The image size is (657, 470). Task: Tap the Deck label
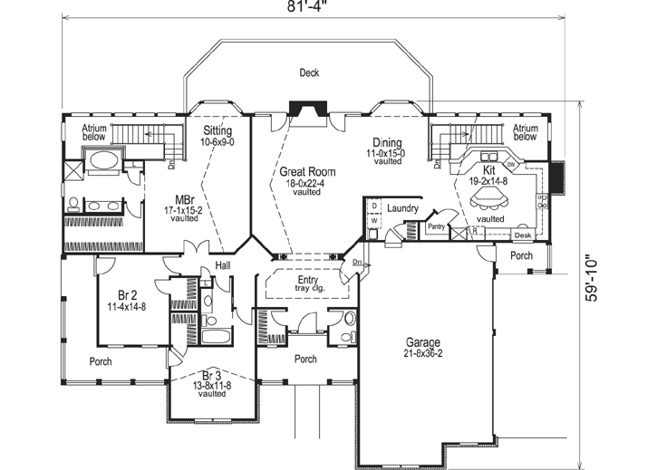(x=310, y=73)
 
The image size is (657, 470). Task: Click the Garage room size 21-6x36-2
(x=423, y=354)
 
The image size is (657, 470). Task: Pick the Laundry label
(x=401, y=208)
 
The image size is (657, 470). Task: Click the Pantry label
(x=411, y=228)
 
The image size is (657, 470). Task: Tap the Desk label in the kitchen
(x=522, y=235)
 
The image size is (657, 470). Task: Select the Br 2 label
(x=127, y=295)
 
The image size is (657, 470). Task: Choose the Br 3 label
(x=212, y=375)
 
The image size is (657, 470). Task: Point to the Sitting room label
(x=217, y=131)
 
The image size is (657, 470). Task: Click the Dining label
(x=387, y=142)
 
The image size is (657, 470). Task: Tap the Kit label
(x=489, y=169)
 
